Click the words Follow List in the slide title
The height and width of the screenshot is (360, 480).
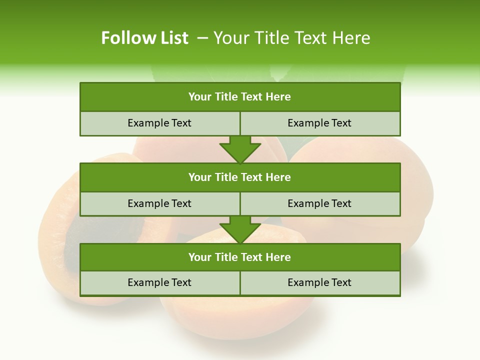pos(144,38)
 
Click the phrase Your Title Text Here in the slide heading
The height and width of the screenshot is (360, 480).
pos(291,38)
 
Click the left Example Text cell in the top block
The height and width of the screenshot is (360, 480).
pos(159,123)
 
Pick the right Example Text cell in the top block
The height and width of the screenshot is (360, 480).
pos(319,123)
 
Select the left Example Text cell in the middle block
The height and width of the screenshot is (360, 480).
pos(159,203)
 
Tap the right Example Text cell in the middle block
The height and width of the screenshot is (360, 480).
pos(319,203)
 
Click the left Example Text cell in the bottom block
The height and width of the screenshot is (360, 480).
pos(159,282)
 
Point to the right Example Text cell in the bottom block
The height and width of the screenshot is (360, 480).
pos(319,282)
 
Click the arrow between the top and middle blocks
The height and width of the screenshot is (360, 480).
pos(240,149)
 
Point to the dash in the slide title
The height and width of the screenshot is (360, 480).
pos(202,38)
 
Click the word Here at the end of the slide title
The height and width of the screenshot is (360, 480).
pos(353,38)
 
